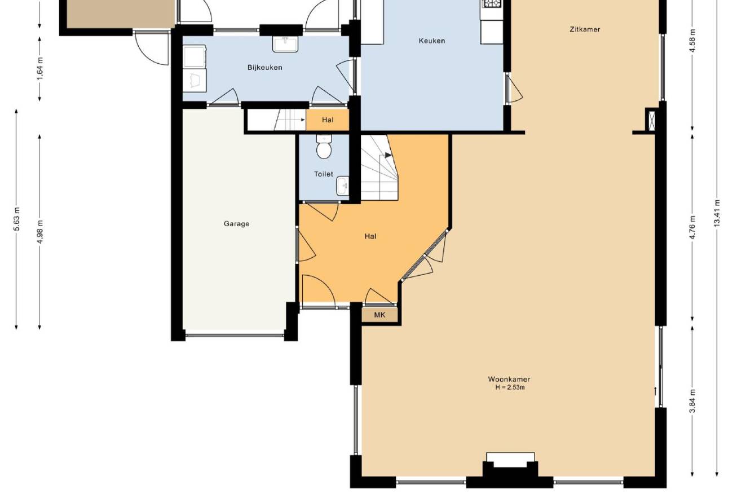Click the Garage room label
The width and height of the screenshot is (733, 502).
pos(236,224)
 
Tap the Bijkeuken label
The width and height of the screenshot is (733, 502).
pos(265,68)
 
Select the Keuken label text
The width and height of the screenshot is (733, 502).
pos(431,41)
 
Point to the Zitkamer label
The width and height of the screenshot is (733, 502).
pos(585,29)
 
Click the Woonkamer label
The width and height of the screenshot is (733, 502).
pos(509,379)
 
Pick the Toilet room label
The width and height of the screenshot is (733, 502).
pos(324,174)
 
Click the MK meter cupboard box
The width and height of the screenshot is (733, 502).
pos(379,315)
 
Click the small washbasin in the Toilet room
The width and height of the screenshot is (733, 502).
pos(342,186)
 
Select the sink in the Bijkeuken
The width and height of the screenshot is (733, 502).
pos(285,44)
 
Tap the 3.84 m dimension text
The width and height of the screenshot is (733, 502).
pos(692,402)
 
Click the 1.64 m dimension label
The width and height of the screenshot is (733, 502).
pos(40,68)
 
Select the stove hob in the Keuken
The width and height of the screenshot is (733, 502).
pos(491,3)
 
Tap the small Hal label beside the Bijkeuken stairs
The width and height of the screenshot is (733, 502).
pos(328,120)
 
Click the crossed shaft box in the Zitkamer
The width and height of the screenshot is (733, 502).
pos(652,120)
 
